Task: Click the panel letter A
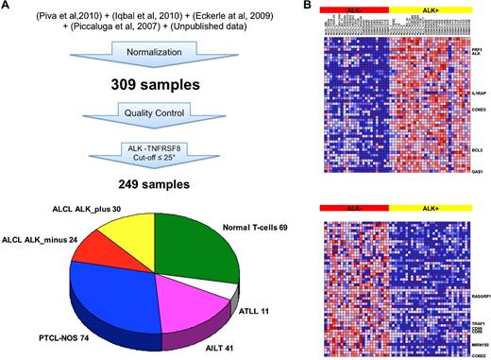click(8, 6)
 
